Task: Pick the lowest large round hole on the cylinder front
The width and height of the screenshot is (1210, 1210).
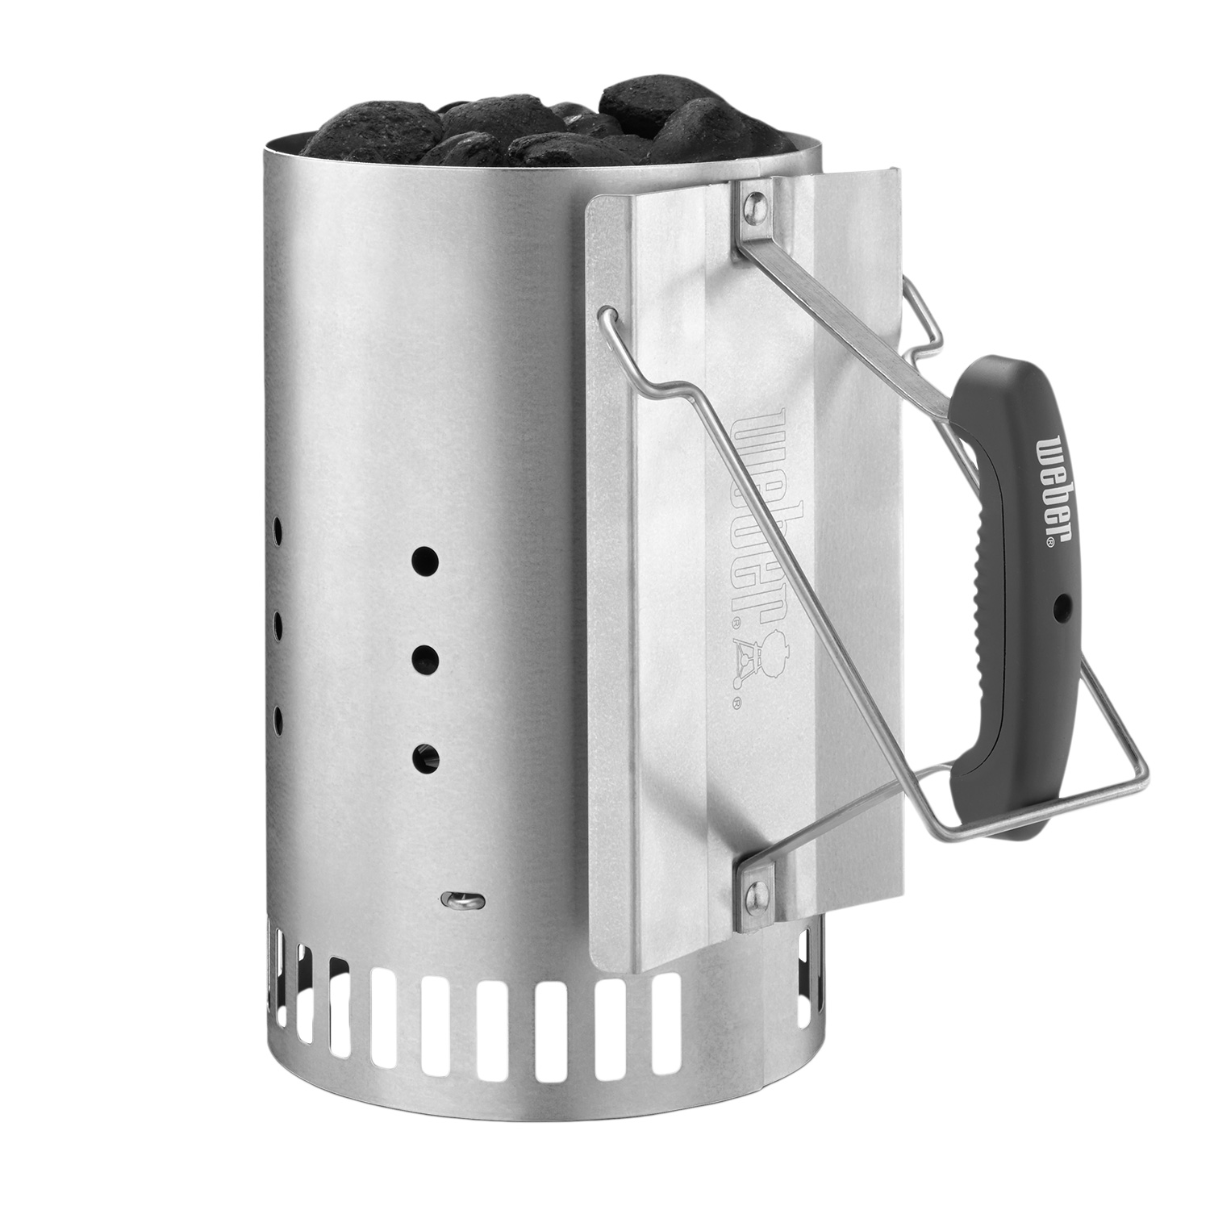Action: pyautogui.click(x=425, y=756)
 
